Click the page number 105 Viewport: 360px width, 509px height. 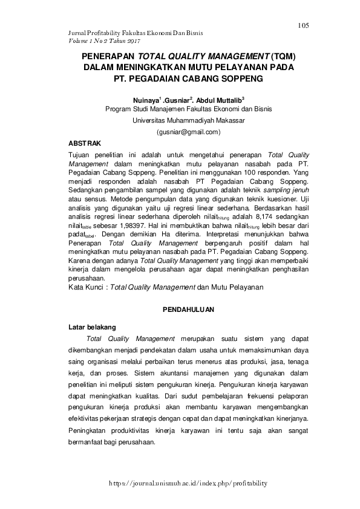[303, 25]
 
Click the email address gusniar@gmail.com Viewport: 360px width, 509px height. [188, 131]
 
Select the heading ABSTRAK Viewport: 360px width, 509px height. [86, 143]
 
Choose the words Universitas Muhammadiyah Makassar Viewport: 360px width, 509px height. [188, 120]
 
